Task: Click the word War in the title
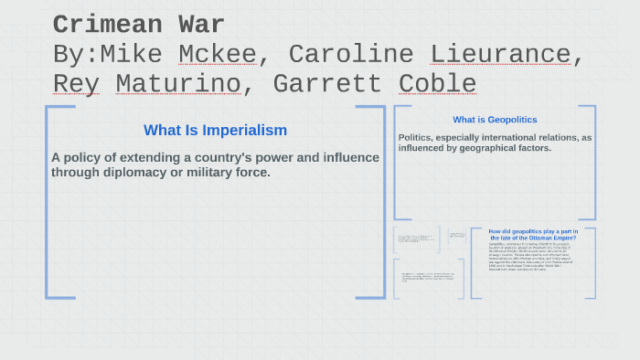point(202,25)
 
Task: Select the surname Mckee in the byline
point(218,54)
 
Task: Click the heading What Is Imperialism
point(216,131)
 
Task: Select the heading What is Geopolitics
point(495,120)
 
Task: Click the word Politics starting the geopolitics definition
point(420,138)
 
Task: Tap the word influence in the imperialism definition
point(351,157)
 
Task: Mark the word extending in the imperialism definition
point(151,157)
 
